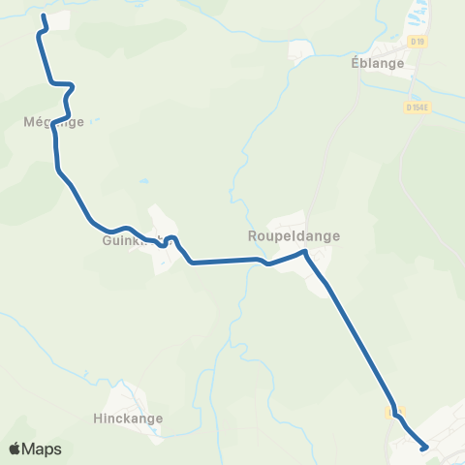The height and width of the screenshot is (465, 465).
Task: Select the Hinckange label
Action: tap(129, 419)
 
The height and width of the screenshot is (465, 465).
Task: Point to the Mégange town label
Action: tap(53, 122)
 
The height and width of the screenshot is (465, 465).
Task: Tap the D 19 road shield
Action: tap(418, 42)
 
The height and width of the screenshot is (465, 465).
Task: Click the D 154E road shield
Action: tap(418, 108)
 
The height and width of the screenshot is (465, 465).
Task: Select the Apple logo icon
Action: tap(15, 449)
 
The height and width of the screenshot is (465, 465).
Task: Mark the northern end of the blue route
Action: tap(44, 17)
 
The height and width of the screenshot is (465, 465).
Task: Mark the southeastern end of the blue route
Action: tap(425, 447)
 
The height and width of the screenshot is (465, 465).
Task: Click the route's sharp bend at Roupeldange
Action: tap(305, 252)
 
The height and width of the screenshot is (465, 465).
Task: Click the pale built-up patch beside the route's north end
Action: tap(58, 20)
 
